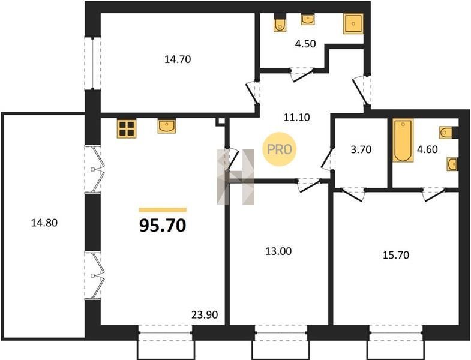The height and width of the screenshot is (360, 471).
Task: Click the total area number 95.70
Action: [163, 226]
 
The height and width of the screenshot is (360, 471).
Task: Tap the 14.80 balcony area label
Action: [44, 223]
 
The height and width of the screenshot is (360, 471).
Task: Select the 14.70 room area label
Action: [178, 59]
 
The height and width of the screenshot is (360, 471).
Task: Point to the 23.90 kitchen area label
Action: [205, 314]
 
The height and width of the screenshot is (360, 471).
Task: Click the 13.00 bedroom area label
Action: [278, 251]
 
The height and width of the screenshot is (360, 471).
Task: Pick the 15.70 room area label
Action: [396, 255]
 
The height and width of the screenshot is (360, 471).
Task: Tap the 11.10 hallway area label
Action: [297, 117]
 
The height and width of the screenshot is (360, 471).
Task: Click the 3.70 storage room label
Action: [361, 149]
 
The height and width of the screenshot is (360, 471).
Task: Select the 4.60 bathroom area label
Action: [427, 149]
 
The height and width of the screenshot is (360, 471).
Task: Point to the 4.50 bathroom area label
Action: [305, 44]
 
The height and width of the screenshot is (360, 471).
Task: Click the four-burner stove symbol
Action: [127, 128]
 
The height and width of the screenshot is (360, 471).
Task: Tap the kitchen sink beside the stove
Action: [167, 126]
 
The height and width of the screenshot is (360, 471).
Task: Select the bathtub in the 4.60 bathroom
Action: [403, 140]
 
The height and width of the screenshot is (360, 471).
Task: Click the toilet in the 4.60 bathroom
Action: [446, 133]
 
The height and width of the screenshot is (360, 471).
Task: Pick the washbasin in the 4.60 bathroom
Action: [452, 164]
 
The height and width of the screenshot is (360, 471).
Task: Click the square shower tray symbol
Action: [353, 23]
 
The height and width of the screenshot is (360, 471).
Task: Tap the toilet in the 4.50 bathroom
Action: [280, 24]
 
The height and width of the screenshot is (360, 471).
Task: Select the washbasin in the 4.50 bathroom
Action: [308, 20]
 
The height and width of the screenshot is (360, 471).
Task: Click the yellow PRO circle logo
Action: [280, 149]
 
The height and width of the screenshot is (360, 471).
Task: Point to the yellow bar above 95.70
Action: [163, 210]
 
